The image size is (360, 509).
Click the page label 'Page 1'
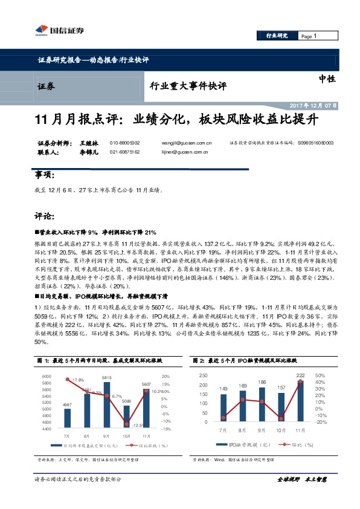click(308, 36)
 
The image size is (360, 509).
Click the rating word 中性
click(327, 79)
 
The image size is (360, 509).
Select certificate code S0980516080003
click(315, 143)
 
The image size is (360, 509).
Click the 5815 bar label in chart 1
click(106, 377)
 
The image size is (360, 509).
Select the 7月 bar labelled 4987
click(67, 418)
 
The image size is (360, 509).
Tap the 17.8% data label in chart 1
click(77, 380)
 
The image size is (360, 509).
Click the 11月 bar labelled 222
click(300, 400)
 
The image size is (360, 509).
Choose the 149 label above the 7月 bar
click(223, 389)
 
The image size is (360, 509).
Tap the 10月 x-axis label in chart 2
click(281, 430)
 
